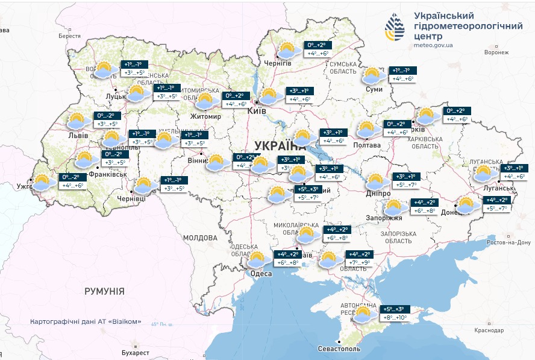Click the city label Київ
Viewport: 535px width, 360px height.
click(257, 112)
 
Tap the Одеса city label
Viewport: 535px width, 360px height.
click(261, 274)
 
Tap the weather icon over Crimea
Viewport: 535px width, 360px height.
click(364, 314)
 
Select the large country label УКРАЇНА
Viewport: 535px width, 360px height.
click(280, 145)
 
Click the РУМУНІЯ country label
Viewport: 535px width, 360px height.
click(104, 291)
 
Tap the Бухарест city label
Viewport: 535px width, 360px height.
click(134, 352)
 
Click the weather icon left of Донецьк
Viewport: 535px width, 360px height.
click(468, 205)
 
